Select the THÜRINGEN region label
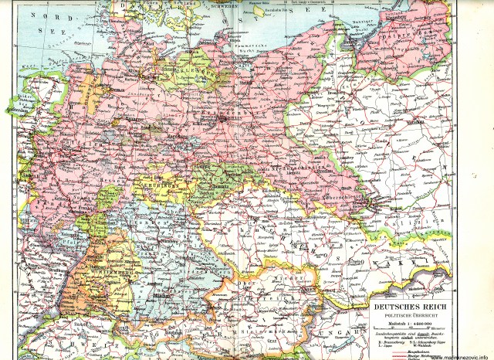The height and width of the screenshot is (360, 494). (x=163, y=185)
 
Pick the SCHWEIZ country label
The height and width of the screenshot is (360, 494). (x=54, y=340)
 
